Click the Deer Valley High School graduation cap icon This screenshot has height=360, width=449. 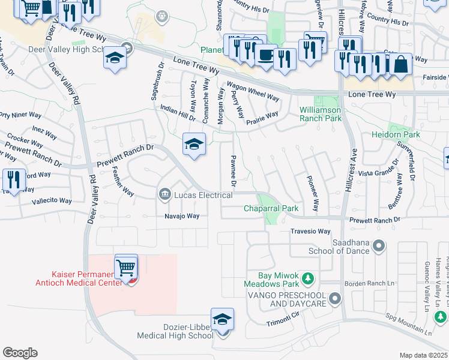point(114,59)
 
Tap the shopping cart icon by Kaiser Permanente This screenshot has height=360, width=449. point(126,267)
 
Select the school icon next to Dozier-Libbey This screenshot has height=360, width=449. point(222,320)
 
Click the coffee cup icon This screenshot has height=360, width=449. point(265,55)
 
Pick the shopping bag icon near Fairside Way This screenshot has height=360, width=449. point(400,64)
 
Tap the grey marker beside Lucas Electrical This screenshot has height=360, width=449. point(164,194)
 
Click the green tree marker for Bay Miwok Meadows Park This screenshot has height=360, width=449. point(307,278)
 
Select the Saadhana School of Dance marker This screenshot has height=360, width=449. point(379,245)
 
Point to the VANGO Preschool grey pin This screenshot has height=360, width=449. point(335,298)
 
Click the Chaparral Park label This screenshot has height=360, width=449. point(271,209)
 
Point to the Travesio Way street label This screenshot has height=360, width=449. point(310,232)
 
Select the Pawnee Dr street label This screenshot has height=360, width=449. point(233,170)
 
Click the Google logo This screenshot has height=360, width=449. point(19,353)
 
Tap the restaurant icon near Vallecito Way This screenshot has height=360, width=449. point(12,180)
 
